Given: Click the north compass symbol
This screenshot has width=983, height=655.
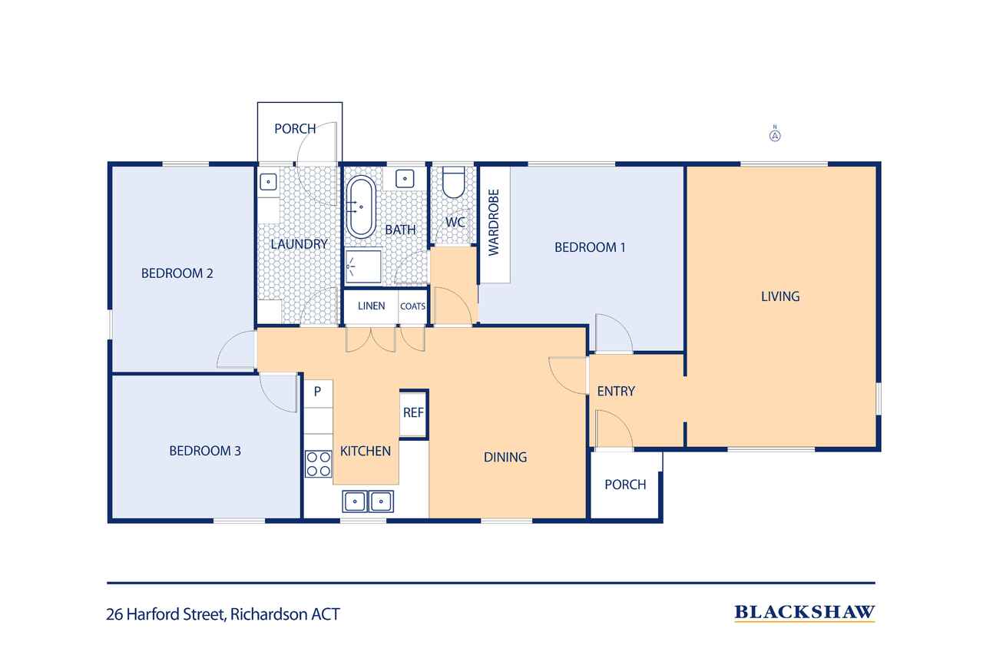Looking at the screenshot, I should tap(775, 135).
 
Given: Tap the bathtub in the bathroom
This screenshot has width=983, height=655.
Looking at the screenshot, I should tap(360, 207).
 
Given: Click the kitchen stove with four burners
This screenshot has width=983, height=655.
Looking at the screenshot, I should tap(318, 464).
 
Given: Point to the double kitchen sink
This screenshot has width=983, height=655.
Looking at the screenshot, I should tap(367, 501).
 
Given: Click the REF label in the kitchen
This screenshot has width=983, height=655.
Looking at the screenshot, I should tap(413, 412).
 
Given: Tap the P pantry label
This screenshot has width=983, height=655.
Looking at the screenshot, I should tap(317, 391).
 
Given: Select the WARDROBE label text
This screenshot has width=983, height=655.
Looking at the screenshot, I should tap(494, 223).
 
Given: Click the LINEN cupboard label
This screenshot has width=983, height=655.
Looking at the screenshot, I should tap(371, 306).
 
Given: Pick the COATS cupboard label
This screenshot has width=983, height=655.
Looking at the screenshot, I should tap(412, 306).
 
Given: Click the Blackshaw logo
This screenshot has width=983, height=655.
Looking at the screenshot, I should tap(804, 612).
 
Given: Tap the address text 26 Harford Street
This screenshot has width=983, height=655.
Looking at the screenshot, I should tap(223, 614).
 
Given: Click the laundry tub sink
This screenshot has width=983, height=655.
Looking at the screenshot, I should tap(268, 182).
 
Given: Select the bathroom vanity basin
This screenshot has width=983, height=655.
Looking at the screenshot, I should tap(405, 179).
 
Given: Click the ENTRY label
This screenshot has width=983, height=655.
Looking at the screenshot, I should tap(616, 391).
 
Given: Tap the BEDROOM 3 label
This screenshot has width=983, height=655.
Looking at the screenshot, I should tap(205, 451).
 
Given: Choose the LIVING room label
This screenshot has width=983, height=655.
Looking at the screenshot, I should tap(780, 296).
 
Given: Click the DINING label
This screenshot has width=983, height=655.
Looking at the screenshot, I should tap(505, 457).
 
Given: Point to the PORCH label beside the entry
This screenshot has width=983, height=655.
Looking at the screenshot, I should tap(625, 485).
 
